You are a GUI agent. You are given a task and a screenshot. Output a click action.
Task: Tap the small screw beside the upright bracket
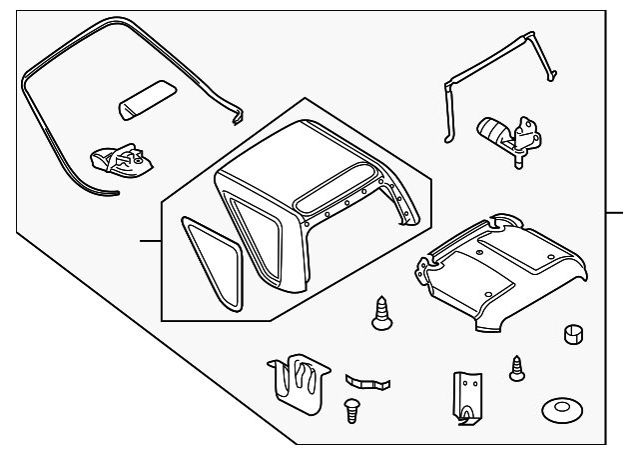tap(517, 367)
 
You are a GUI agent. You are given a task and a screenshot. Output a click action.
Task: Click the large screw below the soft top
tap(380, 312)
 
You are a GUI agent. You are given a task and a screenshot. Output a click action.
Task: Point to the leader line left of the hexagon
tap(150, 242)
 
